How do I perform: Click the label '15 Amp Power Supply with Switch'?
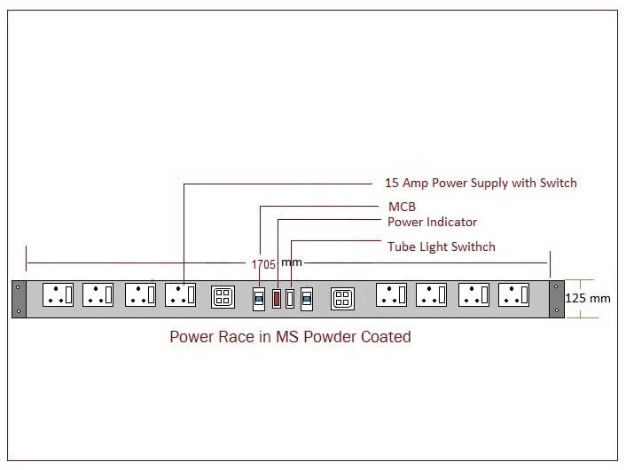tap(481, 183)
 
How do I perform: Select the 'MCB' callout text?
tap(403, 207)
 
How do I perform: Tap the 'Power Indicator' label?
tap(432, 222)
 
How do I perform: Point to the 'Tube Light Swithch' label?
tap(442, 247)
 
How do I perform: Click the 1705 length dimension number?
tap(263, 264)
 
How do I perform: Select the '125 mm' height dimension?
tap(588, 298)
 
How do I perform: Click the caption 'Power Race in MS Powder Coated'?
tap(290, 337)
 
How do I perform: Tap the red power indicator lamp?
tap(276, 297)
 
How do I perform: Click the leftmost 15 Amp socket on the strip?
tap(58, 295)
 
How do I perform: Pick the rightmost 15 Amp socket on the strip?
tap(513, 295)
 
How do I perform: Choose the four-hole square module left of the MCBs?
tap(223, 297)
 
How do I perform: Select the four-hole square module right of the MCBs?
tap(342, 298)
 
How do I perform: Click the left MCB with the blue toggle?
tap(259, 298)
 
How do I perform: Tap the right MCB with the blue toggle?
tap(307, 298)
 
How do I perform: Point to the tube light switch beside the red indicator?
tap(289, 298)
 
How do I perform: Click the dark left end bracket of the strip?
tap(19, 298)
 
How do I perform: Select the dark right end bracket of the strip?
tap(556, 298)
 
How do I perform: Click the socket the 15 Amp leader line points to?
tap(180, 295)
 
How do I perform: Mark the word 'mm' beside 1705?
tap(291, 263)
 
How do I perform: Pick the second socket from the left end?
tap(98, 295)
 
